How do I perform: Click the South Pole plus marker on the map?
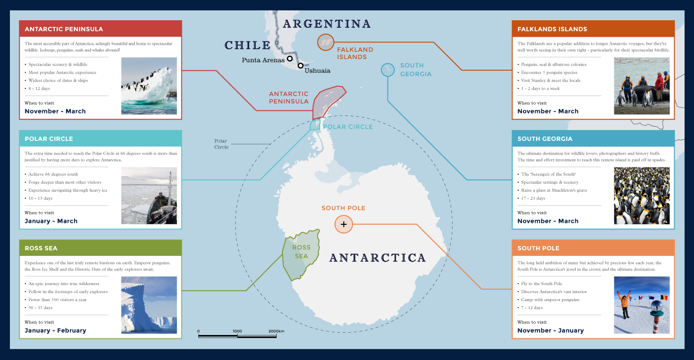coord(344,224)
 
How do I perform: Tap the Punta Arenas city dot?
coord(290,59)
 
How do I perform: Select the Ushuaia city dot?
coord(300,65)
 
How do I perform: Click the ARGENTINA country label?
coord(327,24)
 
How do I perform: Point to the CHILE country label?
coord(248,45)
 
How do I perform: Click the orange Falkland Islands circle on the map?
coord(325,42)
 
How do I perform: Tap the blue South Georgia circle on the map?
coord(388,70)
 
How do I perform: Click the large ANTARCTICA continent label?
coord(377,258)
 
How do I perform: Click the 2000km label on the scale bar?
coord(276,331)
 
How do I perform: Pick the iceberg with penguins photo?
coord(149,86)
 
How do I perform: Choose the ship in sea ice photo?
coord(149,196)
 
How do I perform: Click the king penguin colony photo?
coord(642,196)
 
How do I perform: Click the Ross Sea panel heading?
coord(41,248)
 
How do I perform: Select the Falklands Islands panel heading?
coord(552,29)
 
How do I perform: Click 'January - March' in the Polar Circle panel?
coord(51,221)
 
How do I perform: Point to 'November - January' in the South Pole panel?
coord(550,330)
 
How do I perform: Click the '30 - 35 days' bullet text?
coord(41,308)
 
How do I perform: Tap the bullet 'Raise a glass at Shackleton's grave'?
coord(554,190)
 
